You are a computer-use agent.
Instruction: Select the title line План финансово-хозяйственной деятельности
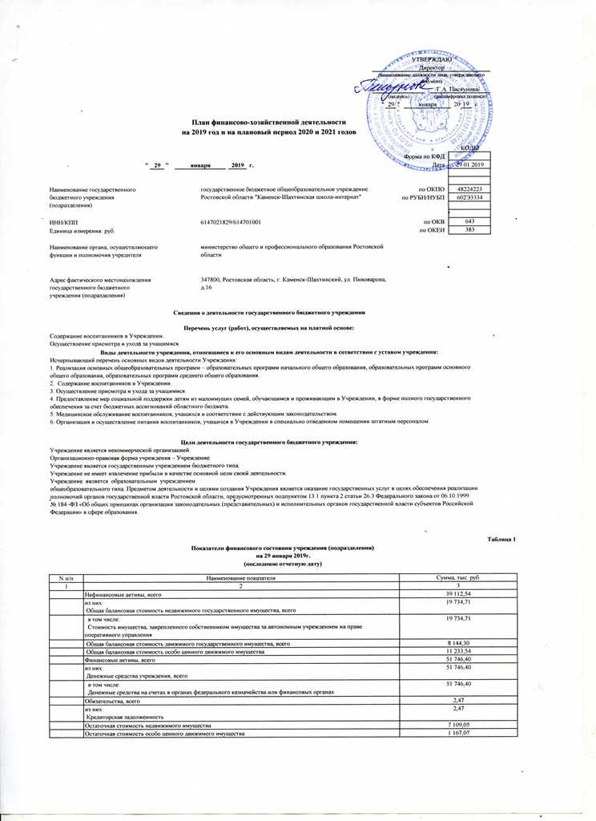[256, 119]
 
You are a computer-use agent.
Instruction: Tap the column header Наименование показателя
[241, 577]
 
